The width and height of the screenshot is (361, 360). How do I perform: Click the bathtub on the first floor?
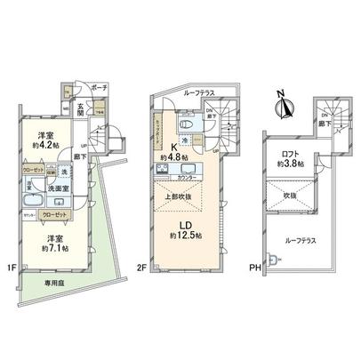coord(31,187)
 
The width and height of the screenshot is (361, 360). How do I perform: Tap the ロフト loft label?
coord(290,155)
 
